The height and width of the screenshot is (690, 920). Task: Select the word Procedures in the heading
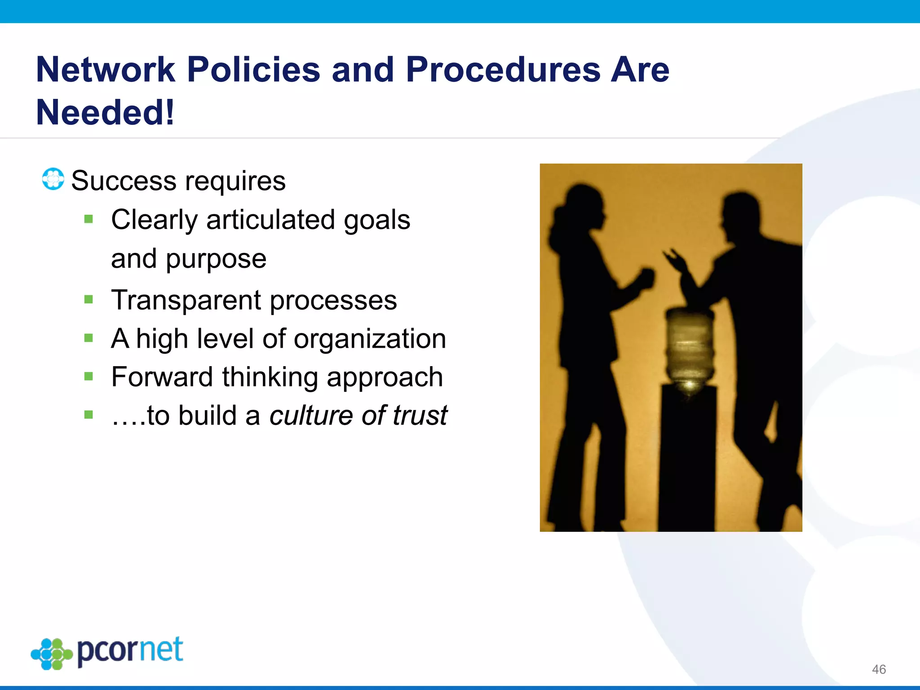(x=503, y=70)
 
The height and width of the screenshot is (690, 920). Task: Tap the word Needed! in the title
(x=105, y=112)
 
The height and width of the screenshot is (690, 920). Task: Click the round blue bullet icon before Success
(x=53, y=179)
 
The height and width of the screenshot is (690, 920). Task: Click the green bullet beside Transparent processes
(x=88, y=299)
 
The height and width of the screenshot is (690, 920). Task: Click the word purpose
(x=216, y=259)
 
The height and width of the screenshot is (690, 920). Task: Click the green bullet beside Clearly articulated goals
(x=88, y=219)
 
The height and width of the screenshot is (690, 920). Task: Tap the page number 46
(x=879, y=669)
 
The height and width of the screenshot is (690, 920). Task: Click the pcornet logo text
(x=130, y=650)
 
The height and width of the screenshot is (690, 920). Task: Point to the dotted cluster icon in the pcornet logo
(x=52, y=654)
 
